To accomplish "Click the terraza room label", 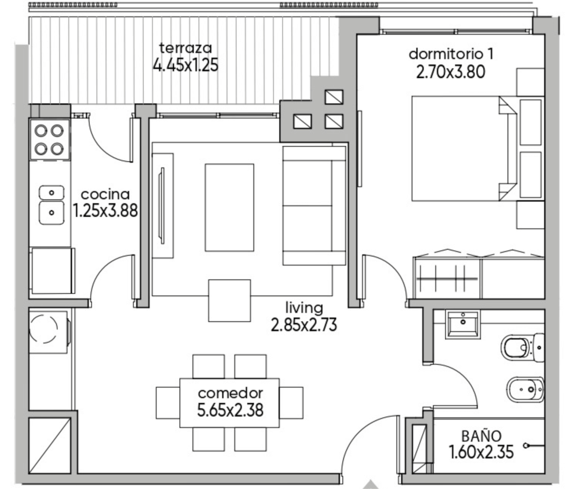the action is [185, 48].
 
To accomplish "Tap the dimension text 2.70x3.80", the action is [450, 71].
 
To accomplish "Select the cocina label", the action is [105, 194].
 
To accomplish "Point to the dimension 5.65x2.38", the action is [230, 409].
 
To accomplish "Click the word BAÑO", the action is [481, 435].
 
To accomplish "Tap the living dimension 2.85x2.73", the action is [304, 325].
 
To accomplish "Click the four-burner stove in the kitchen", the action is [50, 139].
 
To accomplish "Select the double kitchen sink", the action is [51, 204].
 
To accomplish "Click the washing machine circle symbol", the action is [43, 328].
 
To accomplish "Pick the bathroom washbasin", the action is [463, 324].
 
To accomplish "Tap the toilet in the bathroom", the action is [522, 348].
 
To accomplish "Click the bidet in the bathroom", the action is [525, 390].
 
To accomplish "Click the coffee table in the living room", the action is [230, 208].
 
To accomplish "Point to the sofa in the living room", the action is [314, 206].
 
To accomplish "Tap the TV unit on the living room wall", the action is [163, 206].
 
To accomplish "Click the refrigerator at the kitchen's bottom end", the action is [52, 270].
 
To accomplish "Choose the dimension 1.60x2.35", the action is [481, 452].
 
